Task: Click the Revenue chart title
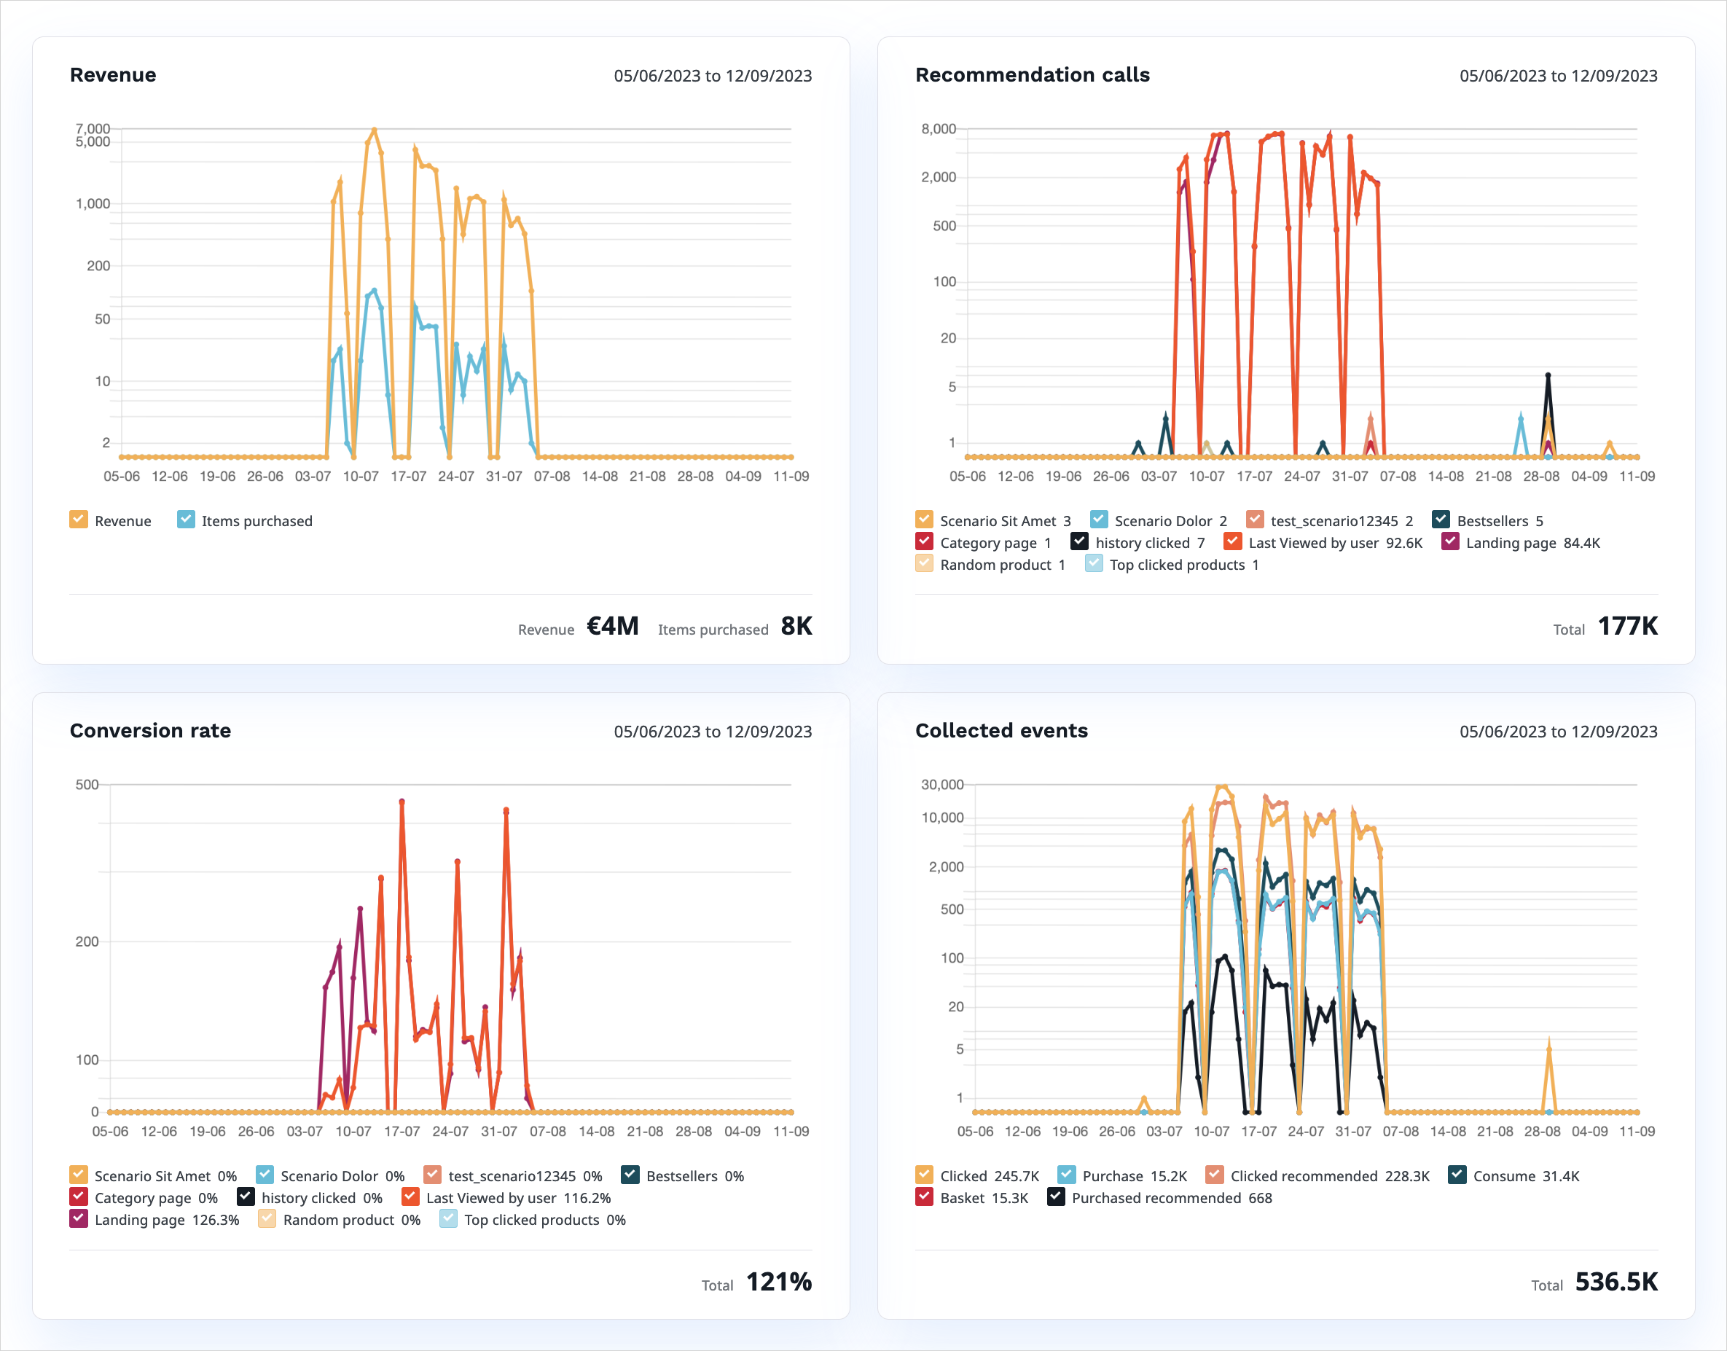pos(113,75)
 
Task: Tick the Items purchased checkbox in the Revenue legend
pos(186,520)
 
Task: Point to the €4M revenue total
pos(612,627)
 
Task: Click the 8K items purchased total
pos(796,627)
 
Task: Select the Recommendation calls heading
pos(1032,75)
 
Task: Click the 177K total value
pos(1627,627)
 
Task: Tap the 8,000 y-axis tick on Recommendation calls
pos(939,129)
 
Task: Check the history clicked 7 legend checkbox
pos(1079,542)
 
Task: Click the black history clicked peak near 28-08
pos(1548,376)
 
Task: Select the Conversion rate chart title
pos(150,731)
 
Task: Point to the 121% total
pos(779,1283)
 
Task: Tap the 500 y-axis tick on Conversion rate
pos(87,785)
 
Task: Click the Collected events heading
pos(1001,731)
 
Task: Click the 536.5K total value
pos(1616,1283)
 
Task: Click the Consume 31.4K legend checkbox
pos(1457,1175)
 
